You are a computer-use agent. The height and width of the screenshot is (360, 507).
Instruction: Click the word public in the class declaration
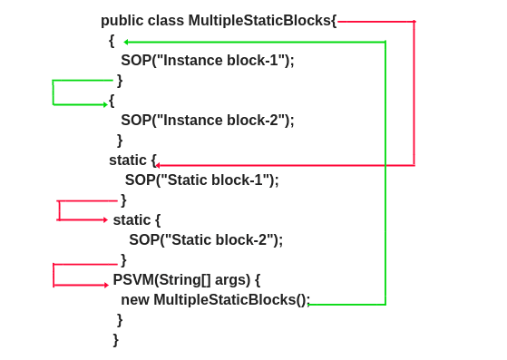[x=121, y=21]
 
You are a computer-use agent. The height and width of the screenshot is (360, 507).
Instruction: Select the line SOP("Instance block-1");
[x=208, y=61]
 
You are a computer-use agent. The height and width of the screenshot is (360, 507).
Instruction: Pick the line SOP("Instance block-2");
[x=208, y=121]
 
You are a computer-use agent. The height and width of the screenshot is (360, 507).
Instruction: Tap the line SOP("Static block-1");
[x=201, y=180]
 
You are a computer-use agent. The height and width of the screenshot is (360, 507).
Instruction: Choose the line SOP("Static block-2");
[x=206, y=240]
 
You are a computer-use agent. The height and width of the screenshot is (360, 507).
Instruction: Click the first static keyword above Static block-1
[x=128, y=161]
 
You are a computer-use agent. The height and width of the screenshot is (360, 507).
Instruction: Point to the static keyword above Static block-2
[x=132, y=220]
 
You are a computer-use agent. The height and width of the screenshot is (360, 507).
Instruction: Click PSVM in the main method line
[x=132, y=280]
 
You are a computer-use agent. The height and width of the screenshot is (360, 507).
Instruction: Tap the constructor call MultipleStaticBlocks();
[x=232, y=300]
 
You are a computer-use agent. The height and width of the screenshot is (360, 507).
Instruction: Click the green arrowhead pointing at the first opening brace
[x=126, y=42]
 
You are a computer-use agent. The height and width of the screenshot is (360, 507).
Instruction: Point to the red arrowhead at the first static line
[x=157, y=165]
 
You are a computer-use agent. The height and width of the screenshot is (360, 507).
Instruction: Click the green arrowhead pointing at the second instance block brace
[x=105, y=104]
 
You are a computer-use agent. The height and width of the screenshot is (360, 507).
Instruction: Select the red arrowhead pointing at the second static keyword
[x=105, y=219]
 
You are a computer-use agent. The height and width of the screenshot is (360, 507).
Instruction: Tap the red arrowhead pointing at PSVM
[x=106, y=285]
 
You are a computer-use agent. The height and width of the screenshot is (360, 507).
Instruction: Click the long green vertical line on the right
[x=385, y=172]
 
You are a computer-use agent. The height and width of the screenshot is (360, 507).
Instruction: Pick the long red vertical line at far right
[x=414, y=91]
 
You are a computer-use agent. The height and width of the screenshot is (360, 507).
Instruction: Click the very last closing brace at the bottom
[x=116, y=340]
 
